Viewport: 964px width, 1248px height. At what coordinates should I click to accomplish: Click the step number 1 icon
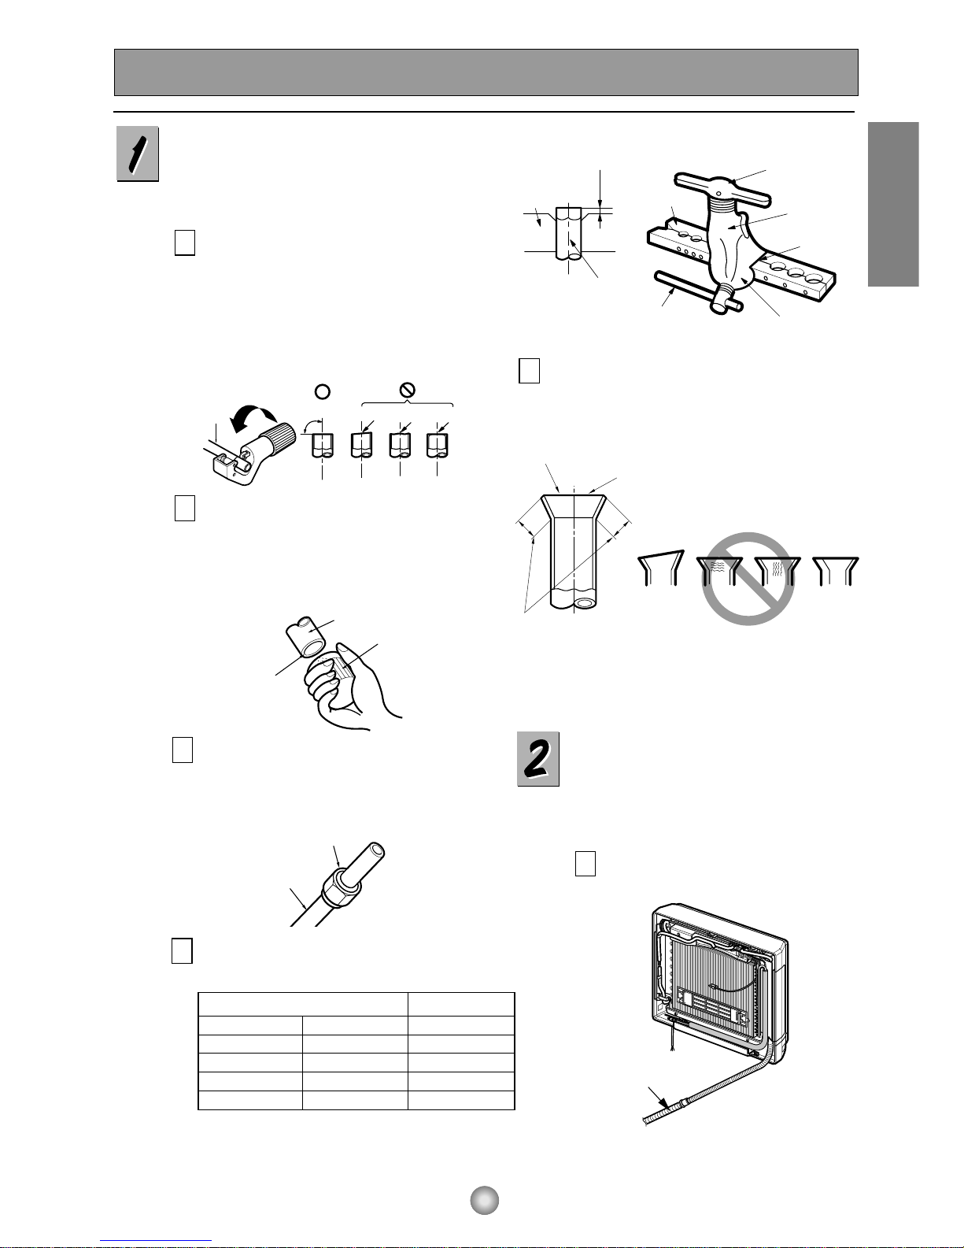(x=138, y=154)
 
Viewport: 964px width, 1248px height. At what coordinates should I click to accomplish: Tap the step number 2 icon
(x=538, y=759)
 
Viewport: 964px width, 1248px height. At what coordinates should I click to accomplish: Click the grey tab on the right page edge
(x=893, y=204)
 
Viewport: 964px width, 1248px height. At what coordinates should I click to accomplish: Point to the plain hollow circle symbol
(x=323, y=391)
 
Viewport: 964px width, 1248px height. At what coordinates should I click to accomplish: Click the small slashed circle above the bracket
(x=407, y=391)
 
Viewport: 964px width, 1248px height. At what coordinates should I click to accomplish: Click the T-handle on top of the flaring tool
(x=722, y=188)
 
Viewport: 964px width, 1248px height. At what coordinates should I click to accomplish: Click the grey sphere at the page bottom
(x=484, y=1200)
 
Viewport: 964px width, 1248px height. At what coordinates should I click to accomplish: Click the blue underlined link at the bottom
(x=156, y=1241)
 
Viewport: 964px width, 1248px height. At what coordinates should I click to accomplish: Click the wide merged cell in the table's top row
(x=303, y=1004)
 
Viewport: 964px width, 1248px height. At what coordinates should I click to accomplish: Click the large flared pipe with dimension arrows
(x=573, y=551)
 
